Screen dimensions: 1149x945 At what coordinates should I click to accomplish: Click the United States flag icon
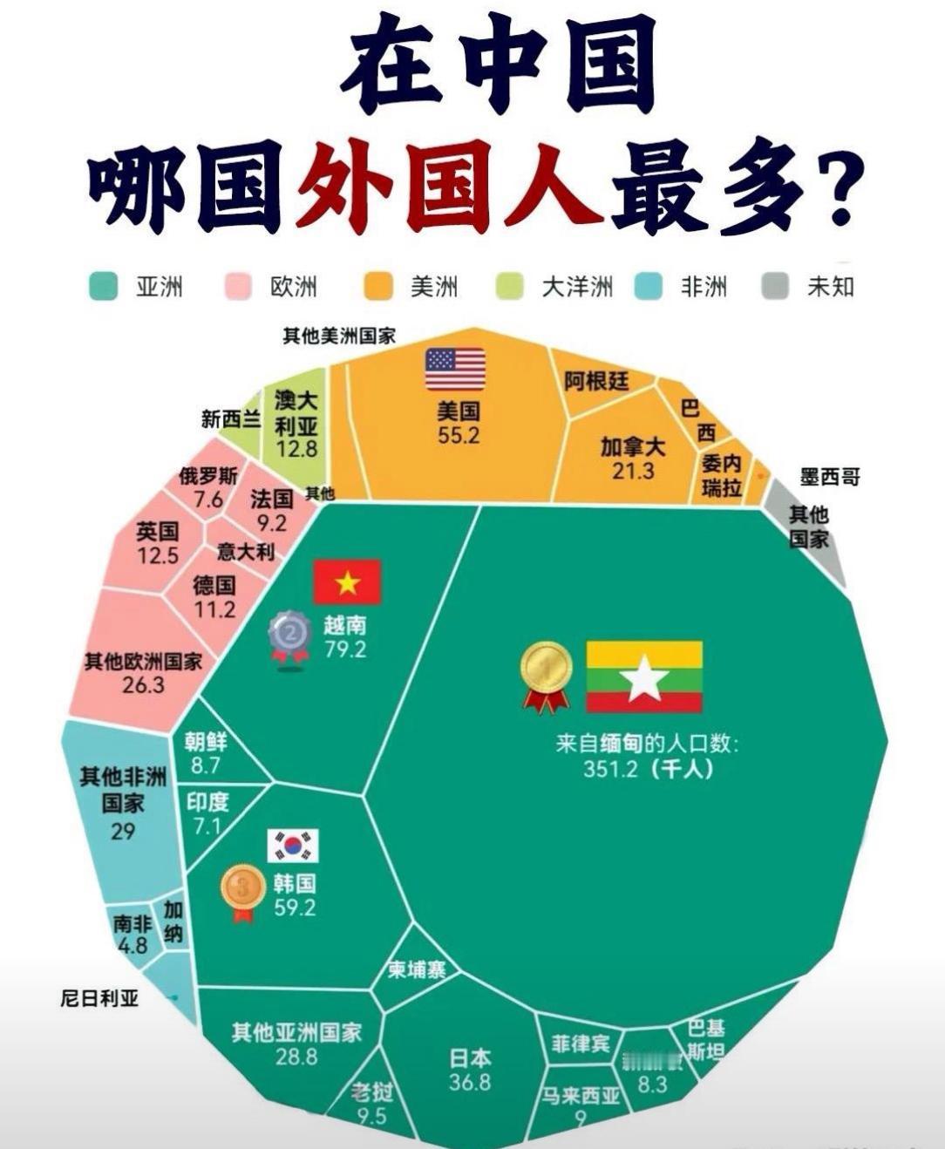455,370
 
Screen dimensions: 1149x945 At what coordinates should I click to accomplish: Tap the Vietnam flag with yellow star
347,582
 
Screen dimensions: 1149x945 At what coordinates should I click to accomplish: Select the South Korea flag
293,846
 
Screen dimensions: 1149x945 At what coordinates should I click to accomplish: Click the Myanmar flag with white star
644,677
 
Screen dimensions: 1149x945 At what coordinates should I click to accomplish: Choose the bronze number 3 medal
243,892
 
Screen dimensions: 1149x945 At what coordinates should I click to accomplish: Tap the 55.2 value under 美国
459,435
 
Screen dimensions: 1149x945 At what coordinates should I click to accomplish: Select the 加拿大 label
633,447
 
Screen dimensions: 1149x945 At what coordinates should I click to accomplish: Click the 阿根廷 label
597,381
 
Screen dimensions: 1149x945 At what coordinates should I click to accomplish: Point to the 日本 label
470,1058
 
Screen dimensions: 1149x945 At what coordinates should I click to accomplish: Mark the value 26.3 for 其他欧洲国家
143,684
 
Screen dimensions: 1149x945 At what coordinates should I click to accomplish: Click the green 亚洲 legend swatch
104,286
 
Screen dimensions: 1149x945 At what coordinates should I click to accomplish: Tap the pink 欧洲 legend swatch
239,286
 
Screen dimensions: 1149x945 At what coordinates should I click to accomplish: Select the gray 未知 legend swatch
775,286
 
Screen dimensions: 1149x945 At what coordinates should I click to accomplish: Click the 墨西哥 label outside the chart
830,477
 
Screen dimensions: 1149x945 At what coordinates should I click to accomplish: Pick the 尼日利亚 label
99,998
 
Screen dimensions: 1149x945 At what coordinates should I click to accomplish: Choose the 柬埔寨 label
417,969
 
